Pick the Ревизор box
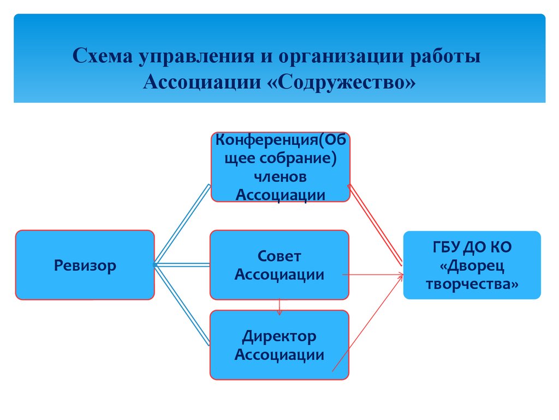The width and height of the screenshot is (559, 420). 85,265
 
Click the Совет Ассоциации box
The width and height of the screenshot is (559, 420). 279,265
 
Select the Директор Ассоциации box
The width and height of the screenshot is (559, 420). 279,345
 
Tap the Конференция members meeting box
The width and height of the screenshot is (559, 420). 280,167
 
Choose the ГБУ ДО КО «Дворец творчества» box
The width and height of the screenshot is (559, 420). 472,265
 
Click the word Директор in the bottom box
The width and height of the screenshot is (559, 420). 279,336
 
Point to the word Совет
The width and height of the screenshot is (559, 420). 279,256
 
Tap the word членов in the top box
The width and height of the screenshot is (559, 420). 280,177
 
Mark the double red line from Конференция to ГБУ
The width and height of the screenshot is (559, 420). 376,225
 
